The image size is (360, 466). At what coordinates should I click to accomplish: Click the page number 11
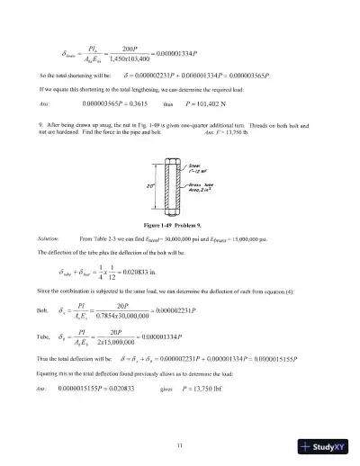click(180, 420)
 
